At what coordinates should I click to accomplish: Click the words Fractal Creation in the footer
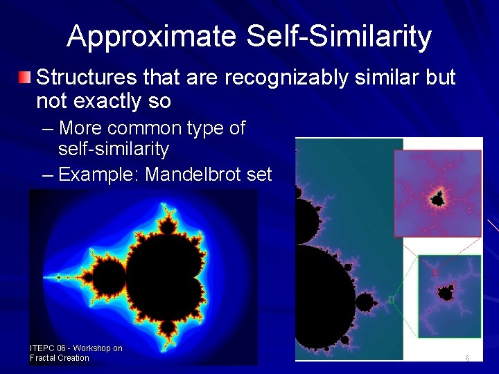click(x=60, y=358)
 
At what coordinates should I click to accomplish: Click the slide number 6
click(x=467, y=358)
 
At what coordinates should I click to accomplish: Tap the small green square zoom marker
click(x=392, y=299)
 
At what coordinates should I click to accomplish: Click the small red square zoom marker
click(x=435, y=273)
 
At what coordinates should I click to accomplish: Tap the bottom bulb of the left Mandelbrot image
click(x=167, y=328)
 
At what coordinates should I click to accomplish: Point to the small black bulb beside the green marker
click(x=365, y=301)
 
